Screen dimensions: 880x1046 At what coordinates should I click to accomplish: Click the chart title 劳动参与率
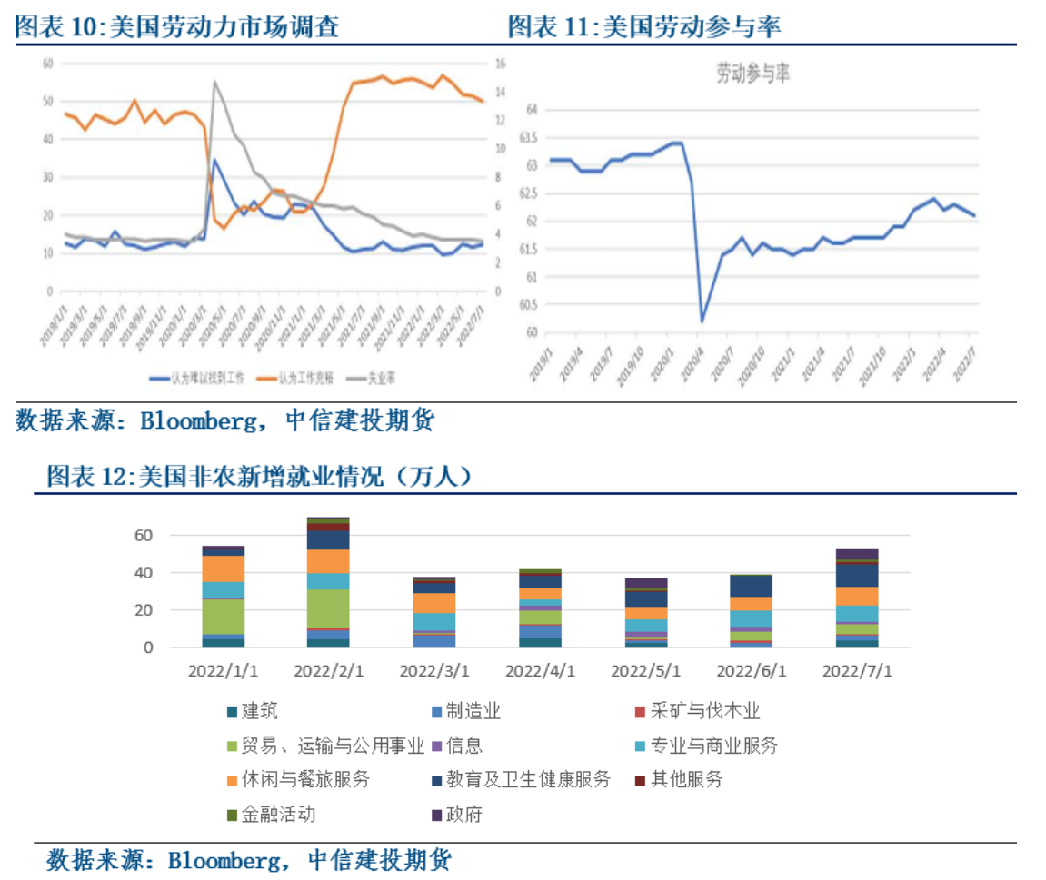pos(753,74)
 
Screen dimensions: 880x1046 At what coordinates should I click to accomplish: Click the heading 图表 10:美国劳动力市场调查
pos(178,27)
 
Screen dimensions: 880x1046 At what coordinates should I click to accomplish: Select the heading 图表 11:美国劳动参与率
pos(644,27)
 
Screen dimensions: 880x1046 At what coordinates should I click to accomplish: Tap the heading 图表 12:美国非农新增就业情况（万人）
pos(260,476)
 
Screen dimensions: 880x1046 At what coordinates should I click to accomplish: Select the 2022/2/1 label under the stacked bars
pos(328,671)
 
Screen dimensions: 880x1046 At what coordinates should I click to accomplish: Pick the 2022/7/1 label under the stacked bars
pos(857,671)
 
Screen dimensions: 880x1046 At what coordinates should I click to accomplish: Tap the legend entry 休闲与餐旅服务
pos(305,780)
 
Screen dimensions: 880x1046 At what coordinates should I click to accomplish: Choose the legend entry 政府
pos(463,815)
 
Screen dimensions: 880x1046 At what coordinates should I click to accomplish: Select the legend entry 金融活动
pos(278,815)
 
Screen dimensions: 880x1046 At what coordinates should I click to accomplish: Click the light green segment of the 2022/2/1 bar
pos(328,608)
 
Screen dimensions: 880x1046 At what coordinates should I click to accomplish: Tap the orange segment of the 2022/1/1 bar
pos(223,569)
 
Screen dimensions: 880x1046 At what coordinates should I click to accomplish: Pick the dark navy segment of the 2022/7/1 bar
pos(857,575)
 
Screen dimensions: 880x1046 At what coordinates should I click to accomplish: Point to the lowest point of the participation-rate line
pos(702,321)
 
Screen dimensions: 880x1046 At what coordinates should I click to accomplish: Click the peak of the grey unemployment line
pos(214,82)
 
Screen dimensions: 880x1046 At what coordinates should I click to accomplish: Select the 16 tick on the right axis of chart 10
pos(499,64)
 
